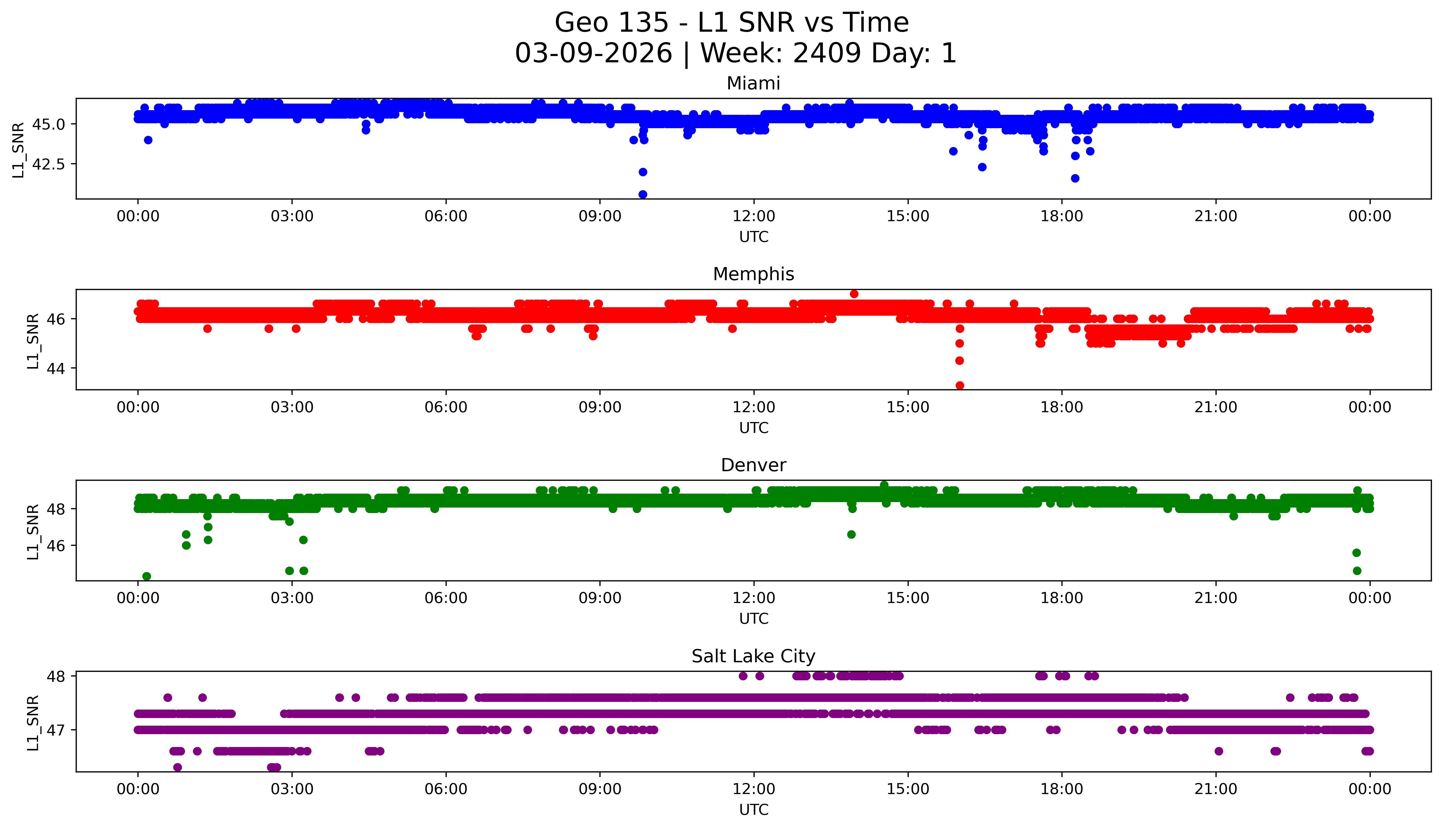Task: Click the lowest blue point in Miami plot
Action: click(x=643, y=195)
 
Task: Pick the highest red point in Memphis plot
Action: click(x=854, y=294)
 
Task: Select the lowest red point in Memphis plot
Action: click(x=960, y=385)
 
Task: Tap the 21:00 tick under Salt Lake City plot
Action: click(x=1216, y=789)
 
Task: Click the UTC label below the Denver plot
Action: click(x=754, y=619)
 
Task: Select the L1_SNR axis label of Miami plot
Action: click(x=19, y=150)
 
